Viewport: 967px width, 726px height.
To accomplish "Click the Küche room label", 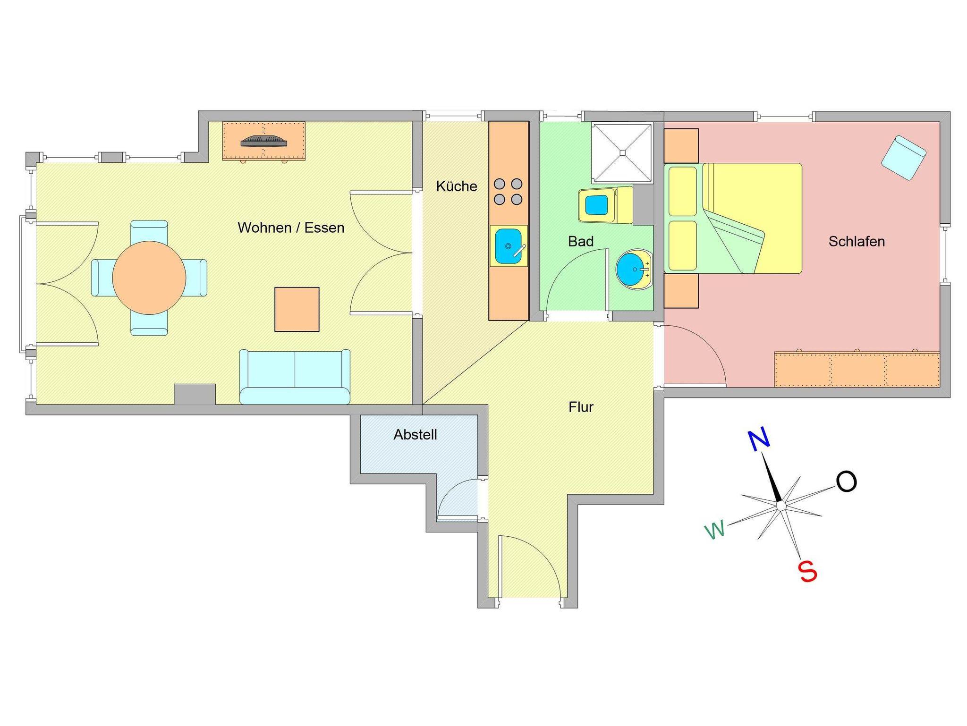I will (456, 186).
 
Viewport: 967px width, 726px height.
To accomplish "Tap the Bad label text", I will (580, 242).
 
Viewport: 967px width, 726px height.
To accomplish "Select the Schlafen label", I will (856, 242).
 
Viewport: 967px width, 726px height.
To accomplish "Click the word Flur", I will (581, 407).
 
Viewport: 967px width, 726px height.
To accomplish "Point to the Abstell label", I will (415, 435).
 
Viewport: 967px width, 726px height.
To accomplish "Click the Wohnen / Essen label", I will (291, 228).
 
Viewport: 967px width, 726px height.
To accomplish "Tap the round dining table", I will (149, 278).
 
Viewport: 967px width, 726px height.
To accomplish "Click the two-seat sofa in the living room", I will (295, 377).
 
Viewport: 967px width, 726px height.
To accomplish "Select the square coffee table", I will (297, 309).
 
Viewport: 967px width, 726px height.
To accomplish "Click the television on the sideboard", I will (264, 141).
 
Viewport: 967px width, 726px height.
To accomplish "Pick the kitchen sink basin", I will (508, 246).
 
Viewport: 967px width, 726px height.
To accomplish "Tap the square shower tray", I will (622, 152).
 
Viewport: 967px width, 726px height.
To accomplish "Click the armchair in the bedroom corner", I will (903, 157).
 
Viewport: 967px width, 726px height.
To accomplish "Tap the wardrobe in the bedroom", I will (857, 369).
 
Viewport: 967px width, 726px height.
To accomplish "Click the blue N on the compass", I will (759, 440).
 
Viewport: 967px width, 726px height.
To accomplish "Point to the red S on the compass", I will (807, 572).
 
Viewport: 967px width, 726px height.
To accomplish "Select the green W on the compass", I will (715, 530).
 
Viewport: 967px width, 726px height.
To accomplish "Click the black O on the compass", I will (846, 482).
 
